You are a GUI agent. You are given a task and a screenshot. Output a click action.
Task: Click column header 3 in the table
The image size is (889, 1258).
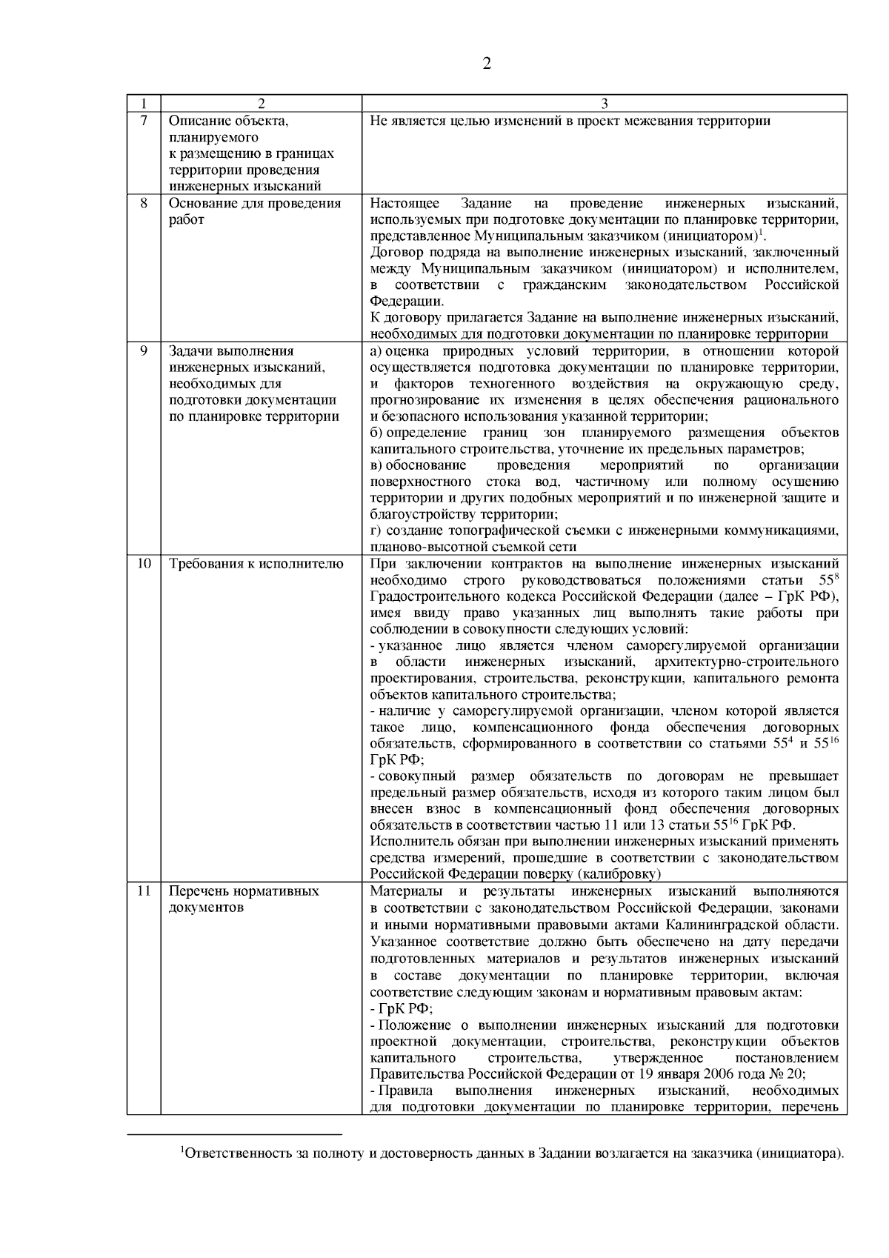click(x=604, y=104)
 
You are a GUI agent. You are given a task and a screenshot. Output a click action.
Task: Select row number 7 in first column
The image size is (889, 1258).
click(x=144, y=121)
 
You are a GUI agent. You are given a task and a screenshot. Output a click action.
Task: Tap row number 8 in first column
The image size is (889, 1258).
click(x=144, y=203)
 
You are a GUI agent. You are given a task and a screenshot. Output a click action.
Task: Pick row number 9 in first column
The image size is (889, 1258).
click(x=144, y=350)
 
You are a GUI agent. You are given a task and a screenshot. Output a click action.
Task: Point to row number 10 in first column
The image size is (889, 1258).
click(x=144, y=564)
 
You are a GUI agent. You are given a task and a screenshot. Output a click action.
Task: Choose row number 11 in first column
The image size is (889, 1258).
click(x=144, y=891)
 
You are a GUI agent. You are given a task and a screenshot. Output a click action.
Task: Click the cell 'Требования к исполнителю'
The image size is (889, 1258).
click(x=256, y=564)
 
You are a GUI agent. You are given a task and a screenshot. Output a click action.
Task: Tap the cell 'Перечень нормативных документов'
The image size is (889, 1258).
click(x=244, y=899)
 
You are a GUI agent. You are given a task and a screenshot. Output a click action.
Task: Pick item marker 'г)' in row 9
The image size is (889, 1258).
click(x=376, y=530)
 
